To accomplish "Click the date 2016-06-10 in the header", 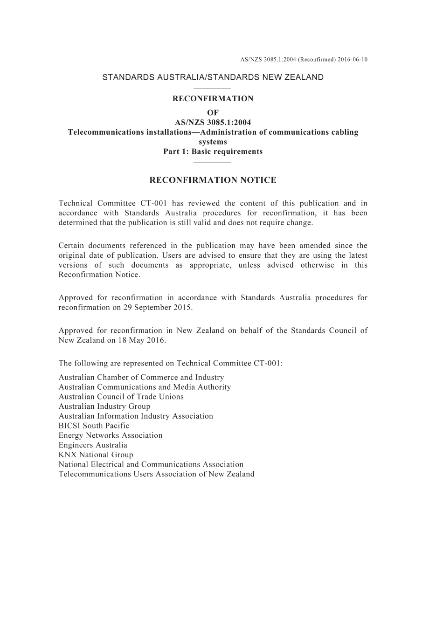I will (352, 60).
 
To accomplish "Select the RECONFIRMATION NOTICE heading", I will (213, 180).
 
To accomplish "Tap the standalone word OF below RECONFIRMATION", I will (213, 112).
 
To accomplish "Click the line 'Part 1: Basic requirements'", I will (213, 152).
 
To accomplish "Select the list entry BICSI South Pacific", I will (94, 426).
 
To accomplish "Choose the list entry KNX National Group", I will (96, 455).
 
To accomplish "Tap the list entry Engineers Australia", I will (93, 445).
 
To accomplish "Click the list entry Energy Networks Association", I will (111, 435).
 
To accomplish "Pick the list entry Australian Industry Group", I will (104, 406).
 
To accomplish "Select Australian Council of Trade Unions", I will (121, 397).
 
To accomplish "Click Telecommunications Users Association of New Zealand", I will (157, 474).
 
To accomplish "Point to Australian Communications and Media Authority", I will (145, 387).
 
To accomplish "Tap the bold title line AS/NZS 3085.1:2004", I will (213, 122).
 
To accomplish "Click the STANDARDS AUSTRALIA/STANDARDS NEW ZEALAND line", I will (213, 77).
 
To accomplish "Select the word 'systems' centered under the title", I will (213, 142).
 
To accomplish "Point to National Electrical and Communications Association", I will (151, 464).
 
